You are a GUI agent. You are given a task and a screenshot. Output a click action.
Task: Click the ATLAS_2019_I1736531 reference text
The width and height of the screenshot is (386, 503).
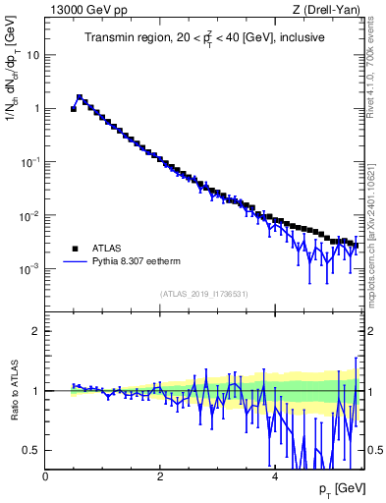204,294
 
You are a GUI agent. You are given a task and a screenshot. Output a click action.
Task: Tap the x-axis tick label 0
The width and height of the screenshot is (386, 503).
46,475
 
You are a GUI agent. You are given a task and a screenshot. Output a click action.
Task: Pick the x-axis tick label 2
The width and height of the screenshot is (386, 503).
160,475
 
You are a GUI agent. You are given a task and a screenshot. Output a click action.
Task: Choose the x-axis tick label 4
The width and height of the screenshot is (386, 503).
274,475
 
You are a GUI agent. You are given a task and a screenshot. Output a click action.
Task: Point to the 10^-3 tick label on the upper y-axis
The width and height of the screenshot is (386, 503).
29,268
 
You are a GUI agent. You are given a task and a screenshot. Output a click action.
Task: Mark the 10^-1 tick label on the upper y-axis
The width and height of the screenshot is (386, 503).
29,161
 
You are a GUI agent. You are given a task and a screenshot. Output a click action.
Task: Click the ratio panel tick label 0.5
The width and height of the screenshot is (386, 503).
31,450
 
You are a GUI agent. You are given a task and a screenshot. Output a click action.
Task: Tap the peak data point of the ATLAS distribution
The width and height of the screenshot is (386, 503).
80,97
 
